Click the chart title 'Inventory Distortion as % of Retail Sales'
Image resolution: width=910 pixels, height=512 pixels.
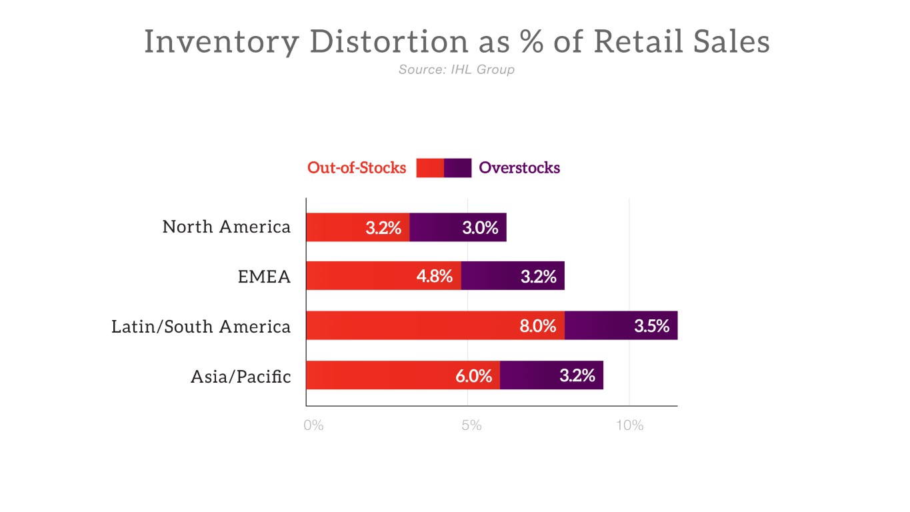pyautogui.click(x=457, y=42)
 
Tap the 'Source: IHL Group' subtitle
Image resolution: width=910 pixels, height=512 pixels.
pyautogui.click(x=457, y=69)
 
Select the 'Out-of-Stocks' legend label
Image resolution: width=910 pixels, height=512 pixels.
pyautogui.click(x=357, y=168)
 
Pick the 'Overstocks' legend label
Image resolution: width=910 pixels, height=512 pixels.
pyautogui.click(x=519, y=168)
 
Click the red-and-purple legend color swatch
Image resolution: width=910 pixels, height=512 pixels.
pyautogui.click(x=443, y=168)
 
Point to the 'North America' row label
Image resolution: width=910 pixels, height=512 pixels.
pyautogui.click(x=227, y=227)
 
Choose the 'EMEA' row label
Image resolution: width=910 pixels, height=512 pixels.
pyautogui.click(x=265, y=277)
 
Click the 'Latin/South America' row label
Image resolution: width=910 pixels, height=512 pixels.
pyautogui.click(x=201, y=327)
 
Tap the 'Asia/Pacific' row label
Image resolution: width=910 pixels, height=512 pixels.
pyautogui.click(x=241, y=377)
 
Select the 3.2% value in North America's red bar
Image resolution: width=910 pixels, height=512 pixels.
pyautogui.click(x=383, y=228)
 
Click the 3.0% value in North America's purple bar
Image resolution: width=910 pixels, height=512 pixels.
pyautogui.click(x=480, y=228)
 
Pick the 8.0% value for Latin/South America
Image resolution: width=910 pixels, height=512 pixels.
pyautogui.click(x=538, y=327)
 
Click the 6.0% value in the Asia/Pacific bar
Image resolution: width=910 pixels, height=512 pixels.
pyautogui.click(x=473, y=376)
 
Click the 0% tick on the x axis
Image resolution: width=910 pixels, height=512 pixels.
pyautogui.click(x=313, y=425)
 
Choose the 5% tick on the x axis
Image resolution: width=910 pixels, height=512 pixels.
pyautogui.click(x=471, y=425)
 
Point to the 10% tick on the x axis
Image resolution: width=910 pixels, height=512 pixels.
pyautogui.click(x=629, y=425)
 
